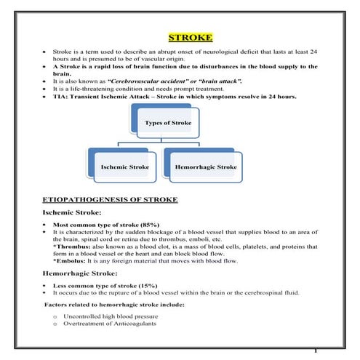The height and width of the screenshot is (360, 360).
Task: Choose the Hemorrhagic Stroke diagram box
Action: coord(206,167)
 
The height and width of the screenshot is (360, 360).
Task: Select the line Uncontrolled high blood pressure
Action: coord(111,317)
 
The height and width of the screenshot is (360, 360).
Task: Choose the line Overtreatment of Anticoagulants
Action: coord(110,325)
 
